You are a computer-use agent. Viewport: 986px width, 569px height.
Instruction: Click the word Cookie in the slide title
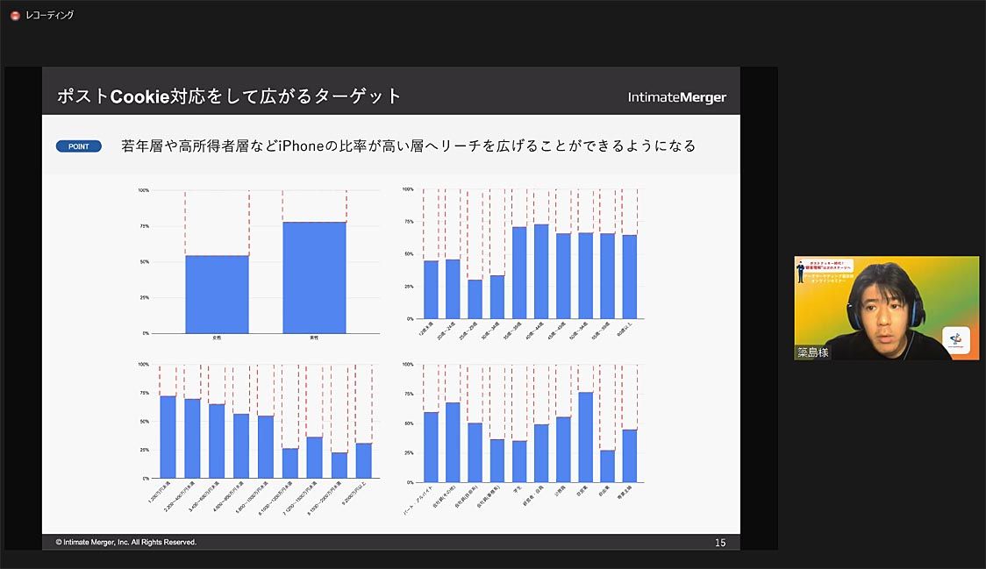tap(139, 96)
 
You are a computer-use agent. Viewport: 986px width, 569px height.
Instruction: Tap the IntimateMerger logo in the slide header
tap(676, 97)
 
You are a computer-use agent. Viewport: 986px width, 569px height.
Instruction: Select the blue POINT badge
tap(79, 146)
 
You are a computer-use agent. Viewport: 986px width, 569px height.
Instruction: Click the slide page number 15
tap(720, 543)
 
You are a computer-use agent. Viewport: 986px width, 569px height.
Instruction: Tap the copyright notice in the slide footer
tap(126, 542)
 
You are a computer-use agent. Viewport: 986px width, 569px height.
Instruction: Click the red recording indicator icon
tap(15, 15)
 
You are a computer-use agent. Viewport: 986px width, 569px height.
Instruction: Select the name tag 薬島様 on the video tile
tap(812, 352)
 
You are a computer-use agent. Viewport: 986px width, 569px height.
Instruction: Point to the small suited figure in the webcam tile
tap(803, 271)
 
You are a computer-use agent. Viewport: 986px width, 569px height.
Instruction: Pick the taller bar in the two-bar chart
tap(314, 277)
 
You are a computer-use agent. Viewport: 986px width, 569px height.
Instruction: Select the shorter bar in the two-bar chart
tap(217, 294)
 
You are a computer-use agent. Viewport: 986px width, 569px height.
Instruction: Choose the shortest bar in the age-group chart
tap(475, 299)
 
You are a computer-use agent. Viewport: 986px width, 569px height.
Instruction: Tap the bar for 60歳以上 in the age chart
tap(629, 276)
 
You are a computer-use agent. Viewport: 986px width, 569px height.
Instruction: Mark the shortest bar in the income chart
tap(339, 465)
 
